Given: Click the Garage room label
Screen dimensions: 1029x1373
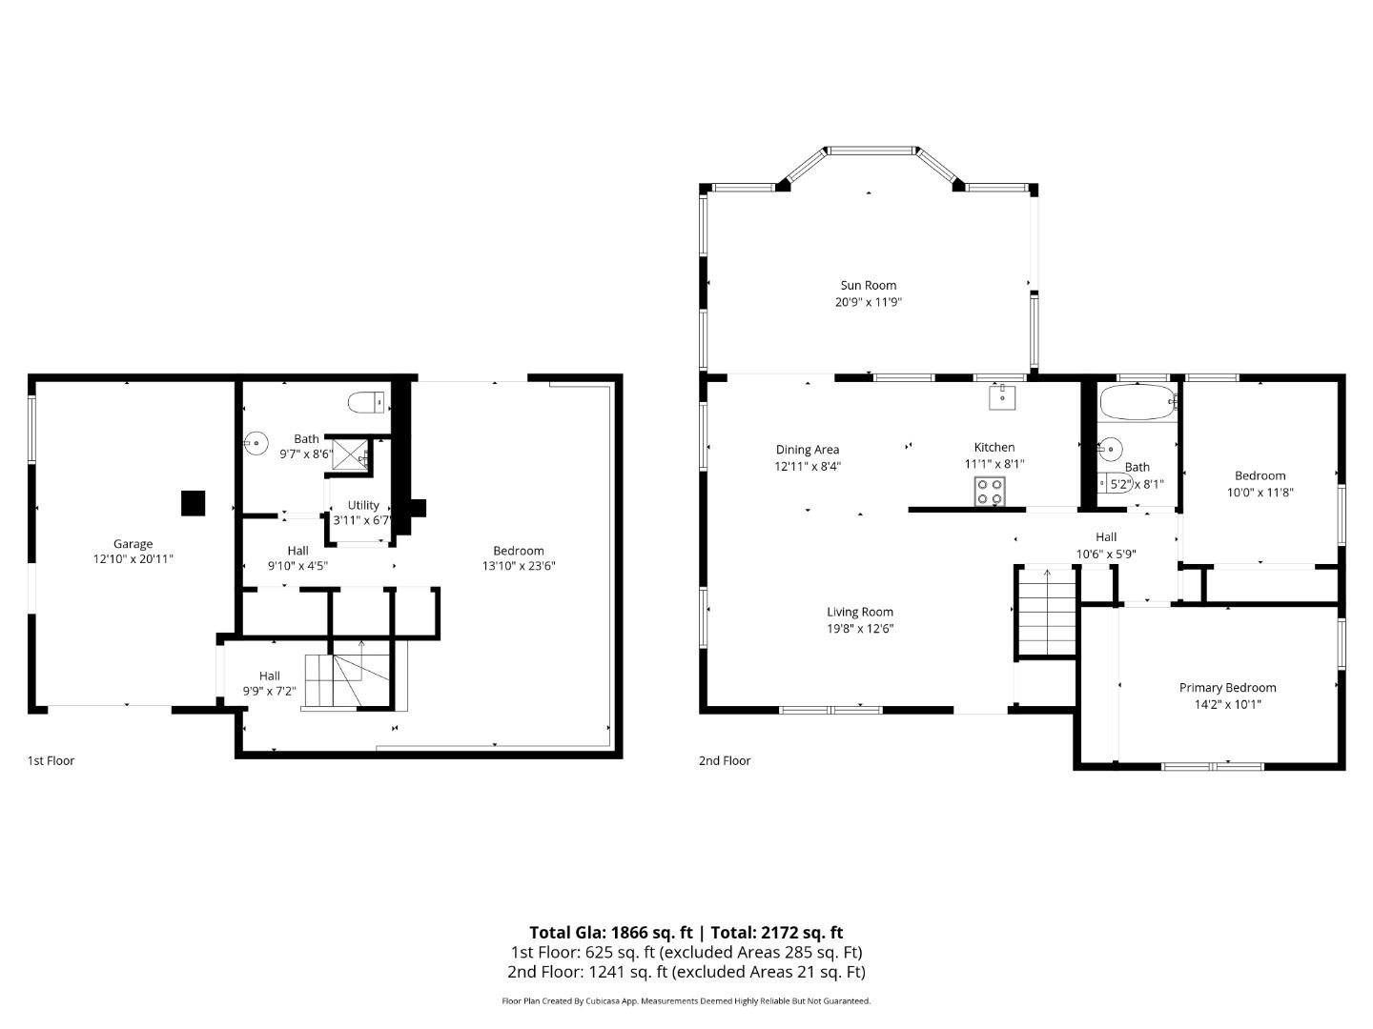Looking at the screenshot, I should (133, 544).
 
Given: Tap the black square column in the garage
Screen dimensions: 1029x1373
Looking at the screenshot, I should (193, 503).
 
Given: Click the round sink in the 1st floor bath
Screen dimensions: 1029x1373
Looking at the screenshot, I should (256, 444).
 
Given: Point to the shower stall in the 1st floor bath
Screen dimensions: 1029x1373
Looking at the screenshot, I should (350, 454).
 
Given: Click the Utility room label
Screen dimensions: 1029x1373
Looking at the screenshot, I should (363, 505).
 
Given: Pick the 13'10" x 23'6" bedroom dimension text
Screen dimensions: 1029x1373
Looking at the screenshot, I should (519, 566).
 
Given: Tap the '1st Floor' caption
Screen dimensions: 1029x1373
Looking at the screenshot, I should (51, 760).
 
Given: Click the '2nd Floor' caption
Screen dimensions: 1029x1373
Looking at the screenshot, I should (725, 760).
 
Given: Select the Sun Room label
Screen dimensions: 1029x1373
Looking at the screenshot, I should (868, 285).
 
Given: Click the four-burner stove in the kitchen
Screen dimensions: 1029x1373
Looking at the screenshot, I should (990, 492).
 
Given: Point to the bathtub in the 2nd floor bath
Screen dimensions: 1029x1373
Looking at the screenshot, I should (1137, 403).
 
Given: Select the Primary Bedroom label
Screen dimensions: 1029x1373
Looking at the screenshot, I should (1227, 688).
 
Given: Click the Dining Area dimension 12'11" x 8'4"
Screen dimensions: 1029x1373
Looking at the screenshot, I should (808, 467).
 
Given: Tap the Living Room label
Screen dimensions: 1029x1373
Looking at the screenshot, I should (859, 613).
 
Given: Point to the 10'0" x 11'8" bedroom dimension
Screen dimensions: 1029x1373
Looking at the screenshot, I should (1260, 493).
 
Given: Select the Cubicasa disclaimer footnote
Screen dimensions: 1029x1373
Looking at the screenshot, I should (686, 1001).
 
